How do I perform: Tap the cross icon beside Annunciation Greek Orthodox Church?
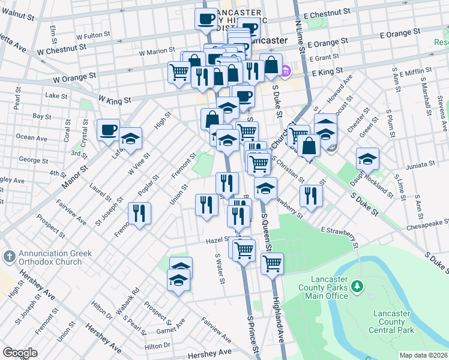(x=9, y=257)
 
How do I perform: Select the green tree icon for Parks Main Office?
(x=358, y=286)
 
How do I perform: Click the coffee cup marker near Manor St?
(x=108, y=130)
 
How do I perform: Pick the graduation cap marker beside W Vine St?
(x=130, y=139)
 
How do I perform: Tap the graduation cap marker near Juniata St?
(x=367, y=159)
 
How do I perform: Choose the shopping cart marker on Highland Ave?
(x=272, y=263)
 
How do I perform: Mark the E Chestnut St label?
(x=327, y=12)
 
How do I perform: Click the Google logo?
(x=20, y=353)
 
